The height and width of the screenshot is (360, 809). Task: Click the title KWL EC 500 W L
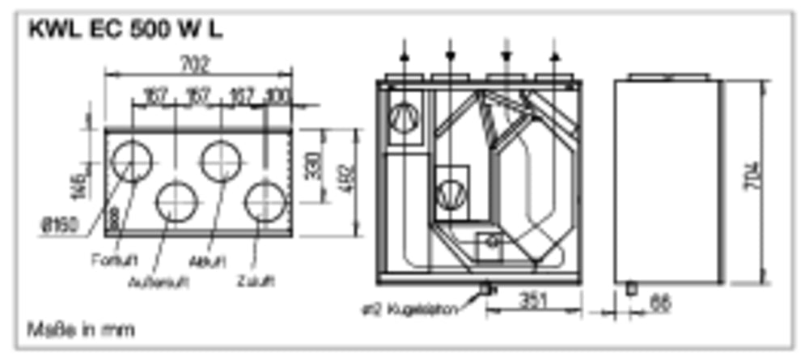(x=125, y=30)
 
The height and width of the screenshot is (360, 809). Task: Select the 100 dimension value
(x=277, y=96)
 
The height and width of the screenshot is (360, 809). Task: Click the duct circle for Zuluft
(x=265, y=202)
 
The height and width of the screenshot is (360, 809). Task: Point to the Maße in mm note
(x=81, y=329)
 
